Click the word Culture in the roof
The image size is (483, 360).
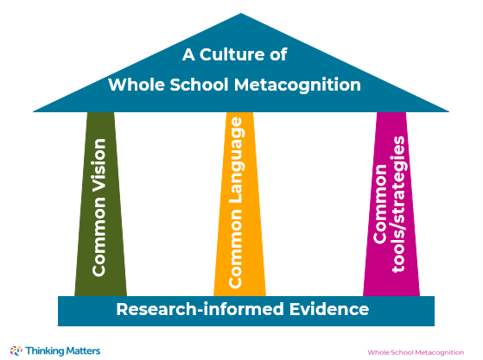232,54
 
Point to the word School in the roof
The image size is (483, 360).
200,85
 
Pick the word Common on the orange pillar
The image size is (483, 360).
236,248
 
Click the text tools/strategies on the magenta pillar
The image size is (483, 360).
398,204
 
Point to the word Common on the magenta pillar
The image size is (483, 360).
380,204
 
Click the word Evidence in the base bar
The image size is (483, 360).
329,309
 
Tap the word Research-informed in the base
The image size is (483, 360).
200,309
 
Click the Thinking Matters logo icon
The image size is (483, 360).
16,351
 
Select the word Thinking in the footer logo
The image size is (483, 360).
45,351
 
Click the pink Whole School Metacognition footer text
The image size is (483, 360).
416,352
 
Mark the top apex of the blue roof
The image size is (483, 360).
241,13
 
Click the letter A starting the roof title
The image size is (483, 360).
188,54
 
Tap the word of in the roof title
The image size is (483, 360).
278,54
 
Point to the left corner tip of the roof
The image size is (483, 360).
34,111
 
